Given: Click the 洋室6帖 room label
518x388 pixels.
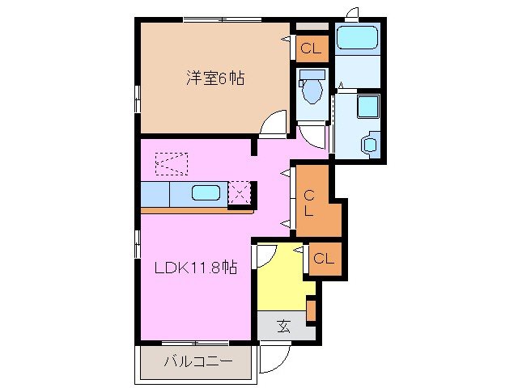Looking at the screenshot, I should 216,78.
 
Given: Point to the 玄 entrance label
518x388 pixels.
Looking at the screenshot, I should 284,327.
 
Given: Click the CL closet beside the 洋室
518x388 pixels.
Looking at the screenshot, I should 311,49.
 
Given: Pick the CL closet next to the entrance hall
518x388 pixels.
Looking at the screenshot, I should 323,259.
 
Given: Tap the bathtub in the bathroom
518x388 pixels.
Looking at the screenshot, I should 358,38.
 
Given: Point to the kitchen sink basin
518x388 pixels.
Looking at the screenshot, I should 206,193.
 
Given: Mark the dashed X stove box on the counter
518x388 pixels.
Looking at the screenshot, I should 240,192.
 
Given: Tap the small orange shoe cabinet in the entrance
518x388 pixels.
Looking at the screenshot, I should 310,310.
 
